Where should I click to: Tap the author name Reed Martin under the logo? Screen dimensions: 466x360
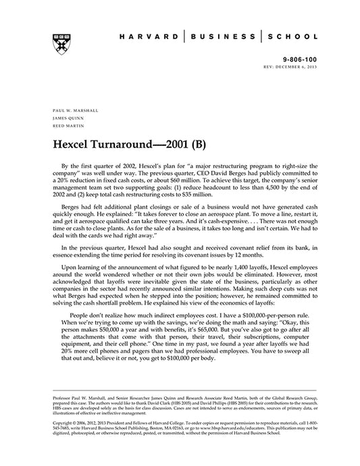tap(66, 124)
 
